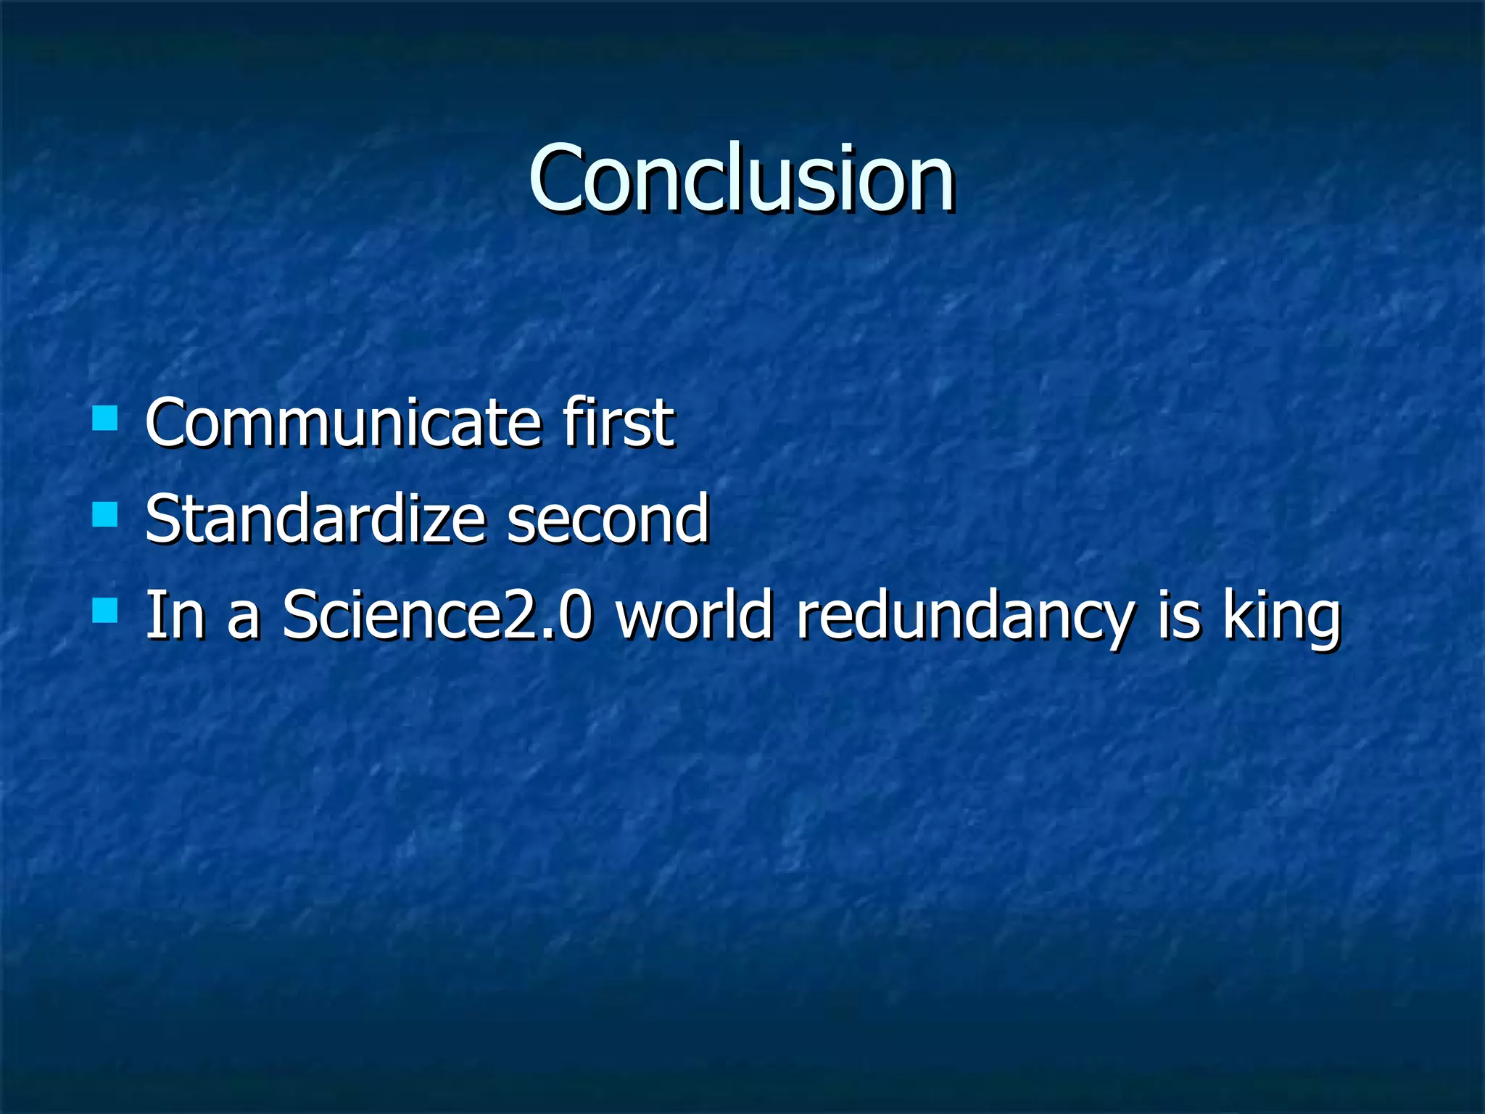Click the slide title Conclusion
(x=741, y=179)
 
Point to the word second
(x=608, y=519)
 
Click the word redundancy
(x=964, y=616)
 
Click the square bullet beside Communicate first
(x=105, y=418)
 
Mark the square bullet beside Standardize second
(x=105, y=515)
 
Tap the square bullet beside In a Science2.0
(x=105, y=611)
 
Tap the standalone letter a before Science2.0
(x=243, y=621)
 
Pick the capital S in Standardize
(x=162, y=519)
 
